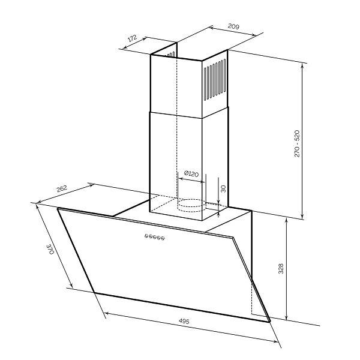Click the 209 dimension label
click(233, 26)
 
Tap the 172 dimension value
click(133, 38)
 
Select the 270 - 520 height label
click(297, 143)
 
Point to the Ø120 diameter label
click(191, 173)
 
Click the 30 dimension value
click(223, 188)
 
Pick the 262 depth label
click(62, 189)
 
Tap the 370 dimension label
click(50, 249)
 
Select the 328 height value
click(281, 269)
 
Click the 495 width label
click(184, 321)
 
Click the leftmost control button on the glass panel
click(146, 236)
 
